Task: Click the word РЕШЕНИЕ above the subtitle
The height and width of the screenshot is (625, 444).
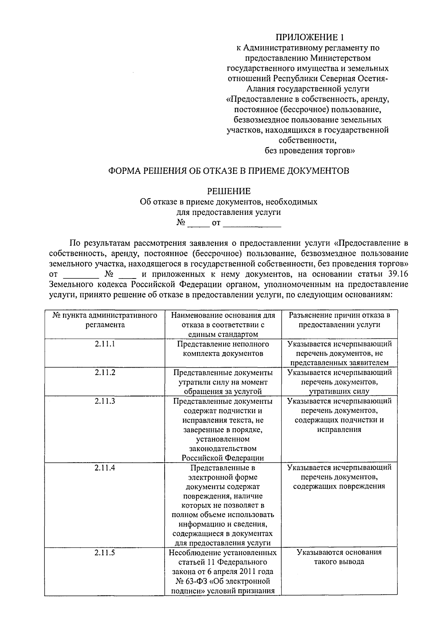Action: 228,191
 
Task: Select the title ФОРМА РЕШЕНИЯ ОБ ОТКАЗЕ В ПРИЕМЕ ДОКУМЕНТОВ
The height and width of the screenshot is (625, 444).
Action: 228,171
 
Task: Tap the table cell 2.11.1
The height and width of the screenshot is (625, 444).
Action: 105,344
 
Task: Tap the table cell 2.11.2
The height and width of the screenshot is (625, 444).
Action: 105,372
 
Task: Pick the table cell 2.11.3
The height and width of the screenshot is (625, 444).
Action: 105,401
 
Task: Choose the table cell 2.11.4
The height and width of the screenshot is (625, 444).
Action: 105,467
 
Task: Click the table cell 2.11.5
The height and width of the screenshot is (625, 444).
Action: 105,553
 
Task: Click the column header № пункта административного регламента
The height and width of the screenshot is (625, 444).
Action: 105,320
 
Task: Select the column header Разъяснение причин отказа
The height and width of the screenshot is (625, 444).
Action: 339,320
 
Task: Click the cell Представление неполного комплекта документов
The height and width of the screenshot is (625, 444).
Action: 223,349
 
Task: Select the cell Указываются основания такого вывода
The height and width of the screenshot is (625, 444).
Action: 339,557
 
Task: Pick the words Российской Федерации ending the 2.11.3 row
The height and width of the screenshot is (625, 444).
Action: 223,458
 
